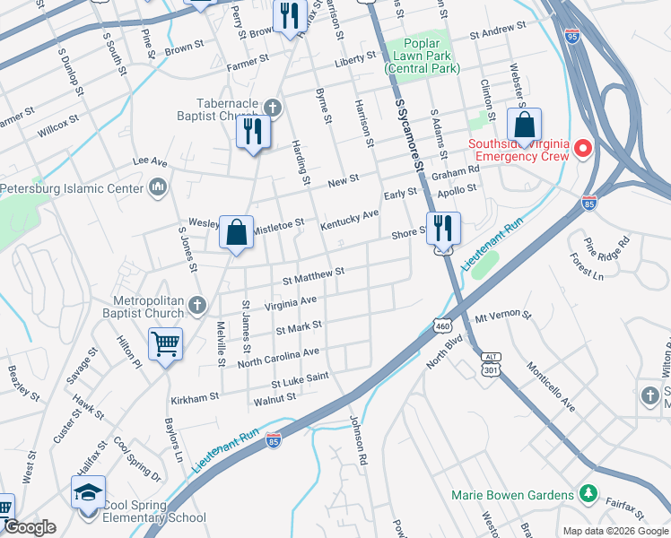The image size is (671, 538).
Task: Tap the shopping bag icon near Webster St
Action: [x=525, y=125]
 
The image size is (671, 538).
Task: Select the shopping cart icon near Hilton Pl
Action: [x=166, y=343]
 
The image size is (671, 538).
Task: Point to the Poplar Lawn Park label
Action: [x=421, y=55]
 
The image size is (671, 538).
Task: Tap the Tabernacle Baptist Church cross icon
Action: [x=273, y=108]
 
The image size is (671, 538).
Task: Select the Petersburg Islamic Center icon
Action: [x=158, y=187]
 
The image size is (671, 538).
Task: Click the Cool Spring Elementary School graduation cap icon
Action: [x=88, y=492]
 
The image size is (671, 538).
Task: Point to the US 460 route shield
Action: [x=443, y=326]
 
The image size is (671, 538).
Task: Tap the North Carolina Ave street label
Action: [x=278, y=358]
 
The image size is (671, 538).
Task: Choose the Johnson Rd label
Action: [x=359, y=438]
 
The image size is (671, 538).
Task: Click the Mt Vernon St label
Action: [x=503, y=317]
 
